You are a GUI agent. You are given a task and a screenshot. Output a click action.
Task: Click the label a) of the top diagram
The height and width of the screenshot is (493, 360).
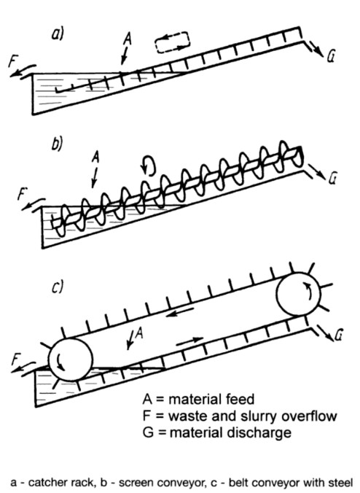click(57, 34)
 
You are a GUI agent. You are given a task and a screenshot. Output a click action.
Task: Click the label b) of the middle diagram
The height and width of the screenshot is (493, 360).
click(57, 144)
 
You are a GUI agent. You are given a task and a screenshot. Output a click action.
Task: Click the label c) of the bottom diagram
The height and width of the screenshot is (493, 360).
click(57, 287)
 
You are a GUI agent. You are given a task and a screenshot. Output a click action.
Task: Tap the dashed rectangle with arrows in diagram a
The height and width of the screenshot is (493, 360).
click(173, 42)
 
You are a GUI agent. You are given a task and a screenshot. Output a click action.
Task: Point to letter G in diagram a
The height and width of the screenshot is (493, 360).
click(330, 57)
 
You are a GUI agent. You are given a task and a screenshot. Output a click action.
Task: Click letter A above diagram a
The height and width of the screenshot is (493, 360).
click(127, 39)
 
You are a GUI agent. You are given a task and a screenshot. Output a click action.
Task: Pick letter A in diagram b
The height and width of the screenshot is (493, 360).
click(95, 157)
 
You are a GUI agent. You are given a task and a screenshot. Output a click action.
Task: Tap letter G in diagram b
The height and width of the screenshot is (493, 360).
click(332, 179)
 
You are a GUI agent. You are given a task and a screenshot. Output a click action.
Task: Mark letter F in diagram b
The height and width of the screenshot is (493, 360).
click(22, 194)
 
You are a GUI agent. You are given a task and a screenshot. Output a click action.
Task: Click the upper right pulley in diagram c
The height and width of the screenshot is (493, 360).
click(299, 294)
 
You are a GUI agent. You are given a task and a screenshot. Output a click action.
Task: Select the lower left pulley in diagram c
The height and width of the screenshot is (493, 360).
click(71, 360)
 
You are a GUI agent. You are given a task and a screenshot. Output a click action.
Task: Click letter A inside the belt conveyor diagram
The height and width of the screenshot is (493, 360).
click(139, 333)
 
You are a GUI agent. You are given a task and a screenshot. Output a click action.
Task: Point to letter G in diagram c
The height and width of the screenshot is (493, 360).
click(337, 335)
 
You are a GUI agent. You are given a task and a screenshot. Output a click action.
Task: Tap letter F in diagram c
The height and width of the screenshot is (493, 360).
click(17, 359)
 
